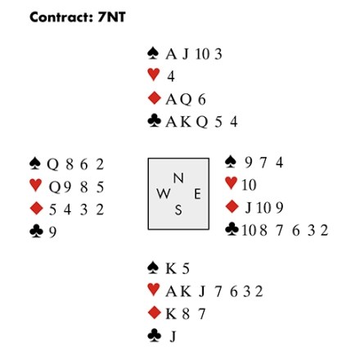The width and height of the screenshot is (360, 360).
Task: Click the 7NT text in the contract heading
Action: pos(112,17)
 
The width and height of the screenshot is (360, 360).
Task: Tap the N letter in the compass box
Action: pos(178,178)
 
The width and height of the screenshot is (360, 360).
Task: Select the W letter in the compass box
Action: pos(164,194)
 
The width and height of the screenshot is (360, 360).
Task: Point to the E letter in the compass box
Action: pos(197,194)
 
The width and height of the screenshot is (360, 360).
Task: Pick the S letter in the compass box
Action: pos(178,210)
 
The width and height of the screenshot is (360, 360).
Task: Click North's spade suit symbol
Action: pos(153,53)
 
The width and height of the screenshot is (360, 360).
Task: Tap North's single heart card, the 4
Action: pos(171,76)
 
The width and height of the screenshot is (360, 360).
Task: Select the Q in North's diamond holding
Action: pos(186,99)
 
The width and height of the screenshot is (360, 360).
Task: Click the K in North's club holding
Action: pos(186,122)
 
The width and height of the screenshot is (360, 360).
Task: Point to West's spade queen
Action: pos(52,164)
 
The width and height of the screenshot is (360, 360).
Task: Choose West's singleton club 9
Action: pos(52,232)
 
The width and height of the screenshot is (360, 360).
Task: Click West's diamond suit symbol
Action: pos(36,209)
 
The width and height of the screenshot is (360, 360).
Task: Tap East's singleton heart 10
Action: pos(249,185)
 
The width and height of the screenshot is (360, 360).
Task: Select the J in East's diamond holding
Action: pos(248,208)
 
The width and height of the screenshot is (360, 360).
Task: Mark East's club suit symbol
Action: pos(232,229)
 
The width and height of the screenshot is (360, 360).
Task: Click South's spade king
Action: pos(171,268)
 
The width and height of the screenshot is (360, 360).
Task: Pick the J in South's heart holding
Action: pos(202,291)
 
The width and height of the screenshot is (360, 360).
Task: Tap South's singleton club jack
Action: pos(173,336)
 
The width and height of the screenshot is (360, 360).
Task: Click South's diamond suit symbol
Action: pos(154,313)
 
